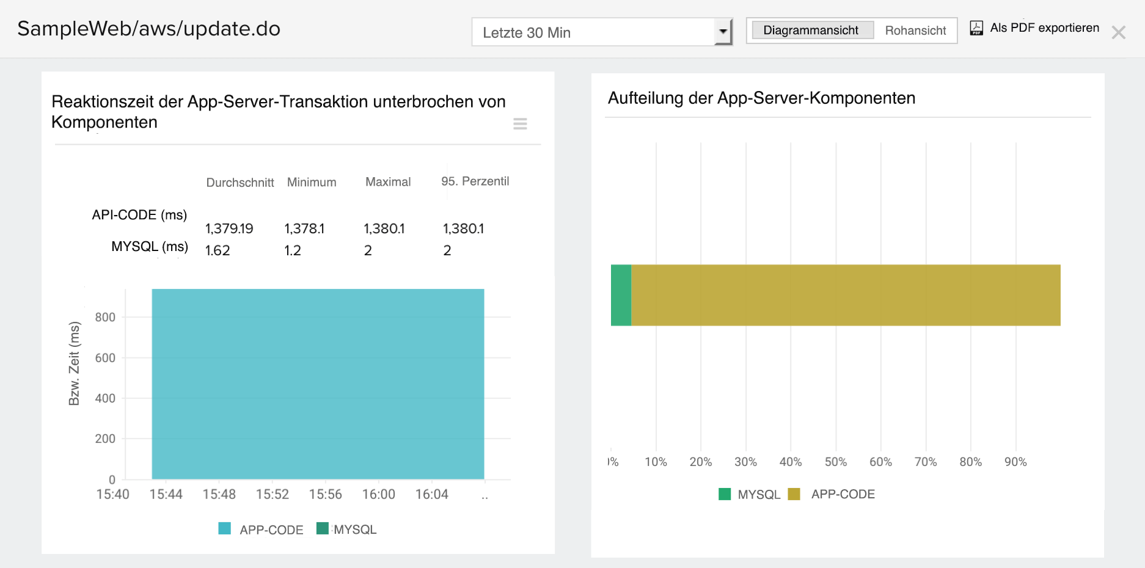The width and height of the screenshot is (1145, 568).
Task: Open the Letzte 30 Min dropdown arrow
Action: click(x=723, y=32)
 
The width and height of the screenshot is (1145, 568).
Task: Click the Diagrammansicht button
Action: click(x=811, y=31)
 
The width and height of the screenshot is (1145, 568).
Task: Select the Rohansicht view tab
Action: click(x=915, y=31)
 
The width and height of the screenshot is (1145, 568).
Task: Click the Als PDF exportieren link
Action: click(x=1044, y=28)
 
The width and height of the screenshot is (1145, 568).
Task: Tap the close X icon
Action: click(x=1118, y=32)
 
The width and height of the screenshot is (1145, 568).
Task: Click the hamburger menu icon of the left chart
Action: click(x=520, y=124)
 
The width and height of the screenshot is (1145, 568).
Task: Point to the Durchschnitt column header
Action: click(x=240, y=183)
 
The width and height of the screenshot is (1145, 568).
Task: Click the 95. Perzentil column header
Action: click(x=475, y=181)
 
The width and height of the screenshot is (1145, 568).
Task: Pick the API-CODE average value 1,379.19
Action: click(x=229, y=229)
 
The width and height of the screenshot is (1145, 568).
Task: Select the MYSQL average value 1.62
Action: click(x=218, y=251)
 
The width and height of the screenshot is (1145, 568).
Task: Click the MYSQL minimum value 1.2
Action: click(x=293, y=251)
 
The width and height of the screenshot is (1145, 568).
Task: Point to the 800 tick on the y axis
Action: click(x=105, y=318)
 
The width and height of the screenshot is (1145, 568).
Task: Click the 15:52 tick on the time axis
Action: click(x=273, y=494)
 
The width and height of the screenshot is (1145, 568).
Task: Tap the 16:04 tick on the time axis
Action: click(x=432, y=494)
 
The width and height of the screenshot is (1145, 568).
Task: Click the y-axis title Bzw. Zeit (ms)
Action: click(x=74, y=363)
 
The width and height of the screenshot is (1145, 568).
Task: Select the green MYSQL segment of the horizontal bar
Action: click(x=621, y=295)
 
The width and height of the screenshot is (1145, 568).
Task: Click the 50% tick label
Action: click(x=836, y=462)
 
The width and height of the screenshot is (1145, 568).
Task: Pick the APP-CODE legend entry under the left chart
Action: click(x=262, y=530)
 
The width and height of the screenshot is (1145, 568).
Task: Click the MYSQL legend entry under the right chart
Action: click(x=750, y=495)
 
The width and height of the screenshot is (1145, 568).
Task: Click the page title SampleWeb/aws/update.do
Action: click(x=149, y=29)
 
